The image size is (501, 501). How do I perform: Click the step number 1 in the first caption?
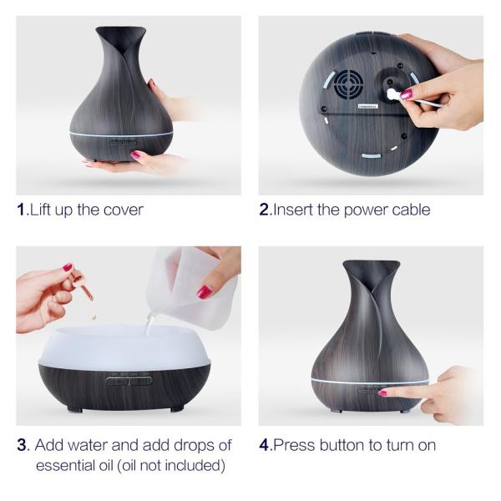coord(22,210)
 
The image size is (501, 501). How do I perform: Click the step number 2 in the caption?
coord(265,210)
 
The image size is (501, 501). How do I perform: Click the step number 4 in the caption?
coord(265,445)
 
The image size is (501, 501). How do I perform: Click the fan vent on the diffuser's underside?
coord(347,85)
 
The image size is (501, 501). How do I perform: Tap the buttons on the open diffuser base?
coord(129,380)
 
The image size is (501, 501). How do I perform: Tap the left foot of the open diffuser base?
coord(74,408)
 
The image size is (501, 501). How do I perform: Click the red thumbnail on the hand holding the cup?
coord(204,291)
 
